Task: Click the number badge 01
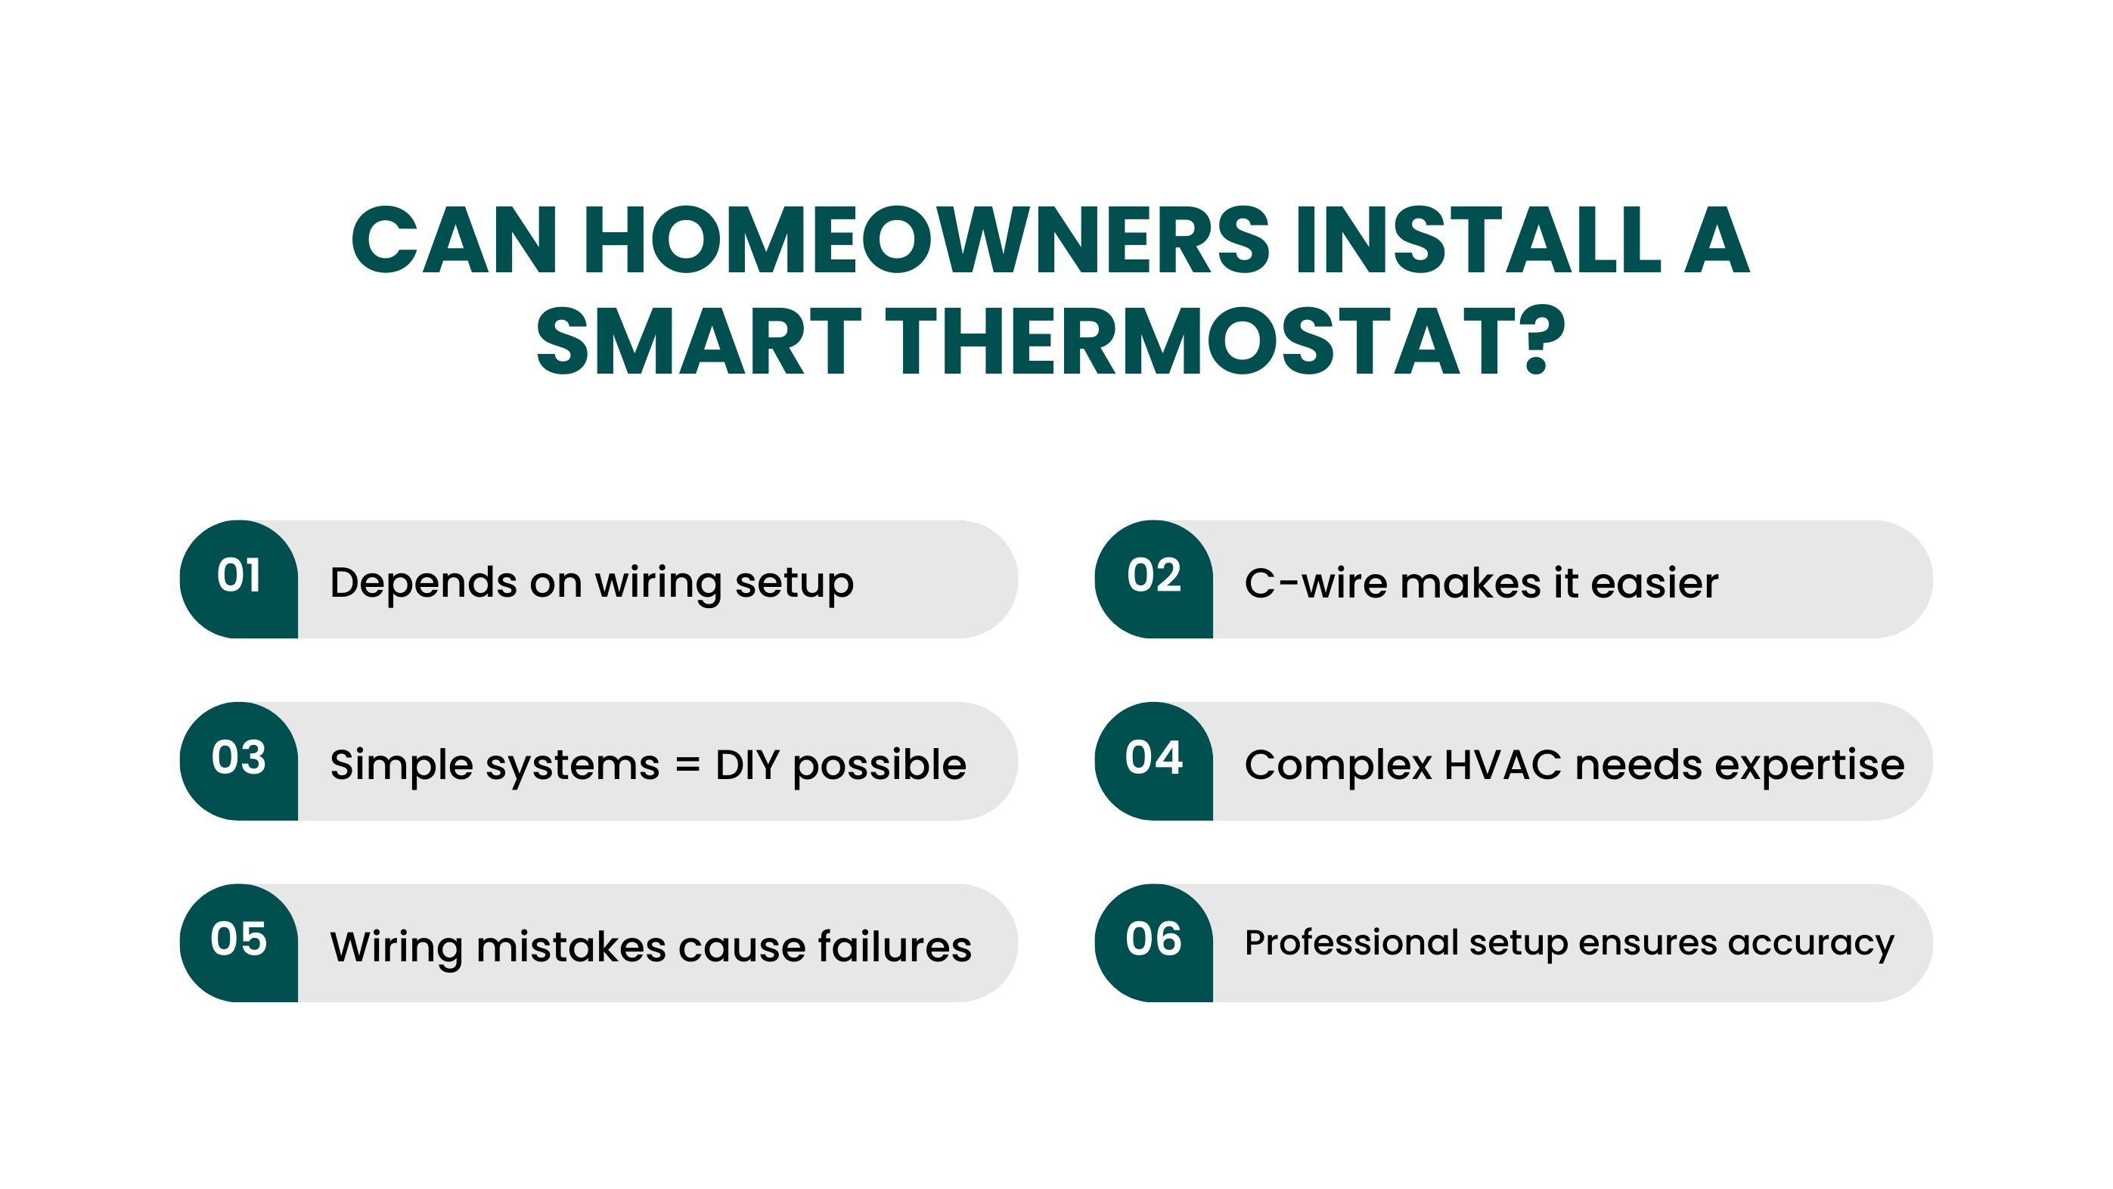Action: (239, 579)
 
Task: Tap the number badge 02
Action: (1154, 579)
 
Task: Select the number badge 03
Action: (239, 761)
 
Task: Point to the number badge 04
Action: (1154, 761)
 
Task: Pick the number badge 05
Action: (239, 943)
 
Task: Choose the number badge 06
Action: (1154, 943)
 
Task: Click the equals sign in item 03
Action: (687, 765)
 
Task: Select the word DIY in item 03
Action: (747, 765)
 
